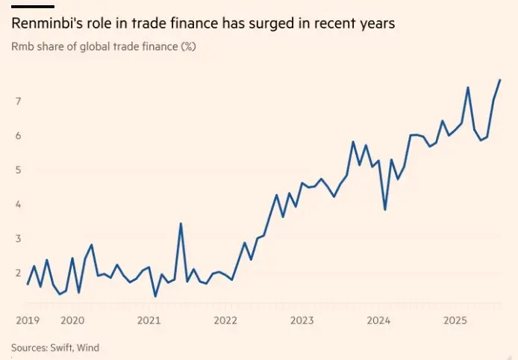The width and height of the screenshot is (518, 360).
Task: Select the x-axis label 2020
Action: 72,320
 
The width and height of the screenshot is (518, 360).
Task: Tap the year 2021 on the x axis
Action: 149,320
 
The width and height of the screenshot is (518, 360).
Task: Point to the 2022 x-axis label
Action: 225,320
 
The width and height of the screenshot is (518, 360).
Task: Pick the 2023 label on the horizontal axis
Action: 302,320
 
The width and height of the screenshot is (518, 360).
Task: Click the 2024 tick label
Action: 378,320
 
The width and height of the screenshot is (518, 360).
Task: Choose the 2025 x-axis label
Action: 455,320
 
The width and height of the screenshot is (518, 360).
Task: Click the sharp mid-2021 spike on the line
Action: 181,223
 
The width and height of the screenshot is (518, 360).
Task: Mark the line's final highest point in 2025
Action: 500,80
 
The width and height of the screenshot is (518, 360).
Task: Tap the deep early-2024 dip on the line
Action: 385,209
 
